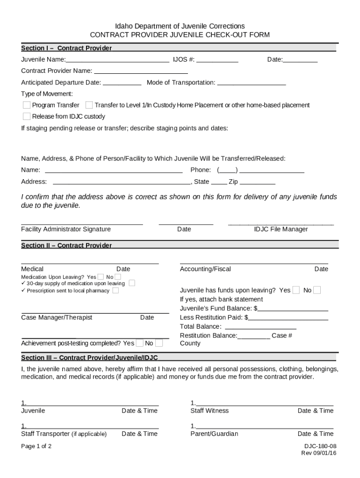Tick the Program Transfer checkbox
click(x=27, y=105)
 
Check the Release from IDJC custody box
click(x=27, y=116)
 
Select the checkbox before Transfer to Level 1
click(x=89, y=105)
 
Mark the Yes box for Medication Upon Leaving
click(x=101, y=277)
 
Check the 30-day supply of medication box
click(x=132, y=283)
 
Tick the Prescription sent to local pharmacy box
click(x=115, y=290)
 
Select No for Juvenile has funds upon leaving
click(x=317, y=290)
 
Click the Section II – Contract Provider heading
click(x=66, y=246)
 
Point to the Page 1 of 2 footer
click(x=36, y=446)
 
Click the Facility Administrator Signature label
click(x=66, y=229)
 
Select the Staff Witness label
click(x=209, y=411)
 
